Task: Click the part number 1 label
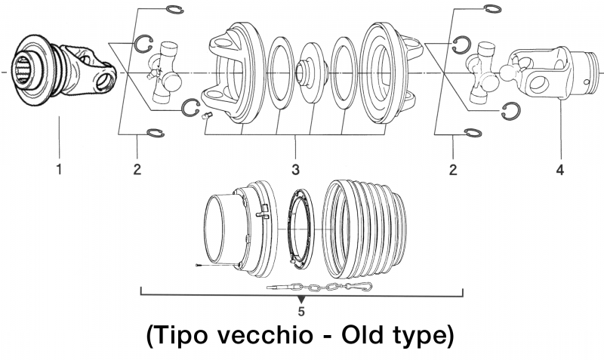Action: coord(59,169)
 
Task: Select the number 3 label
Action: coord(296,169)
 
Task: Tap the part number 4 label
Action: coord(559,169)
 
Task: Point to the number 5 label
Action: coord(301,310)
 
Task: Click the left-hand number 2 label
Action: coord(137,169)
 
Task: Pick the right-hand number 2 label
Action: coord(453,169)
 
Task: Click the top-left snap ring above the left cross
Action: coord(173,9)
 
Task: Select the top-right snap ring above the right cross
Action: coord(490,9)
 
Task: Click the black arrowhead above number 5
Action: coord(301,300)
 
